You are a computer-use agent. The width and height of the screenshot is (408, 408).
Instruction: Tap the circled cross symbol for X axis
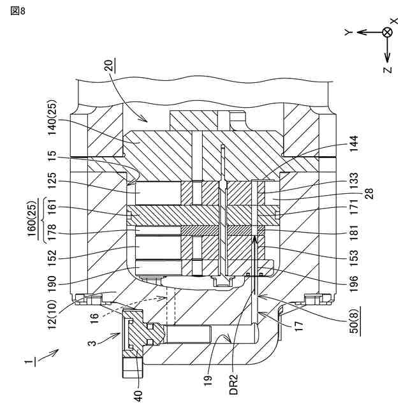387,33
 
